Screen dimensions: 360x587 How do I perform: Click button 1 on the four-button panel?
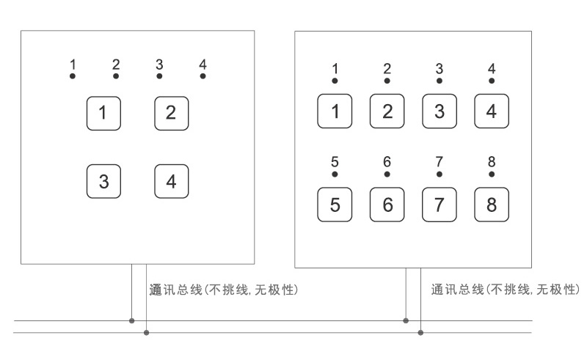pos(103,113)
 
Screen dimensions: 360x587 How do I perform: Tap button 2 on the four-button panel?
pos(171,113)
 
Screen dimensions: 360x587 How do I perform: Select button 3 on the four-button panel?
pos(103,181)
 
